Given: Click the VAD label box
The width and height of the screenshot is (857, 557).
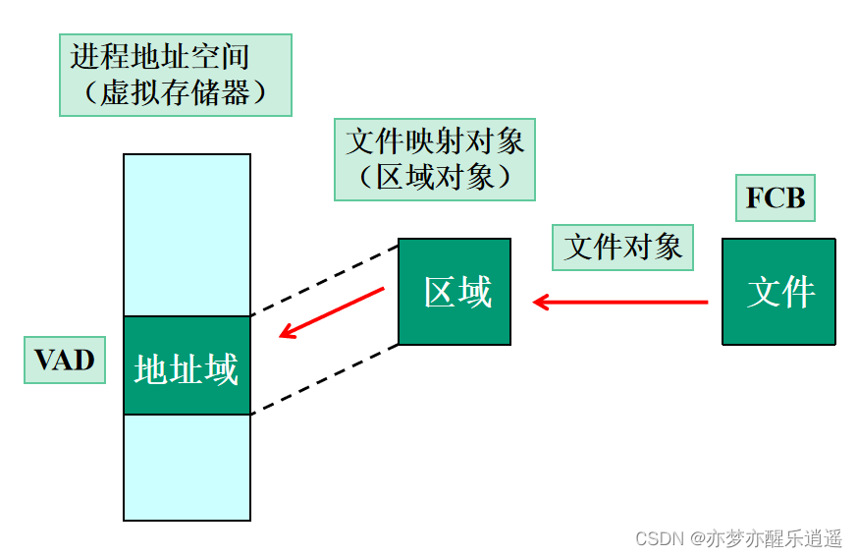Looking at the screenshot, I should click(x=64, y=360).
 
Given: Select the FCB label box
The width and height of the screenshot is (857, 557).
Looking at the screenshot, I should click(x=776, y=198).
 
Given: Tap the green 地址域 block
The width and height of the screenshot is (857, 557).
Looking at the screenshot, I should click(x=187, y=365).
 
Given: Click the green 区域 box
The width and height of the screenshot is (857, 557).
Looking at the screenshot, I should click(x=455, y=292).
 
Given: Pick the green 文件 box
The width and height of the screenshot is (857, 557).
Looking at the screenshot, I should click(x=779, y=292).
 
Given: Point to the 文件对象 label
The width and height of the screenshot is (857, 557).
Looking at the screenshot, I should click(x=622, y=247).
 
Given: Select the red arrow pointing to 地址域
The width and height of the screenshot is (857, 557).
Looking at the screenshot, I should click(x=332, y=312).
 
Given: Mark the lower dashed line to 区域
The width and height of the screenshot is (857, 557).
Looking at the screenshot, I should click(x=324, y=379).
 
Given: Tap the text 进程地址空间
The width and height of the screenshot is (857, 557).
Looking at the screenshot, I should click(x=159, y=56).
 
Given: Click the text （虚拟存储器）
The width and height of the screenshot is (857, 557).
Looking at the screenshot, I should click(x=176, y=93).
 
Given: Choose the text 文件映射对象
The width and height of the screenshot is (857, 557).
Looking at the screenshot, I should click(x=435, y=140).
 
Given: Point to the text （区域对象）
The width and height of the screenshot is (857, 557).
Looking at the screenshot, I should click(x=435, y=177).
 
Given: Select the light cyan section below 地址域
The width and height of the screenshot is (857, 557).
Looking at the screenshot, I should click(x=187, y=467).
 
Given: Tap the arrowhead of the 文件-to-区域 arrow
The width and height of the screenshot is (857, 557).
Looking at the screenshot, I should click(x=540, y=302).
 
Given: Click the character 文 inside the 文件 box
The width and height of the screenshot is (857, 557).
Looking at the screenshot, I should click(x=763, y=292).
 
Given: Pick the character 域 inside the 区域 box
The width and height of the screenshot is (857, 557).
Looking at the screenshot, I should click(x=474, y=292).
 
